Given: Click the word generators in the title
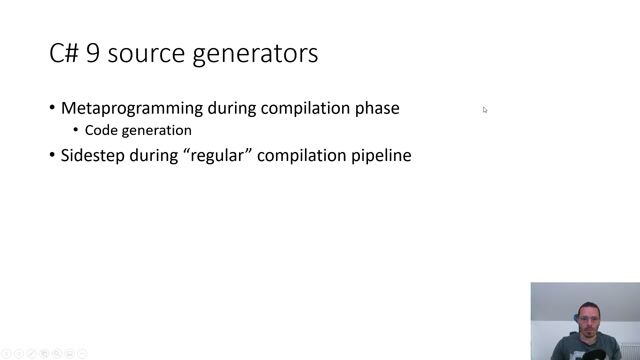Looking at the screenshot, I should coord(258,54).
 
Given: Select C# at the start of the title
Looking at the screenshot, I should coord(64,54).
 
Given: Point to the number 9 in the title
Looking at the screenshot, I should coord(93,54).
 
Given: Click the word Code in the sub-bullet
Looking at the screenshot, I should coord(101,130).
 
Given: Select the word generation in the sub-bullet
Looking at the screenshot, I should coord(156,130).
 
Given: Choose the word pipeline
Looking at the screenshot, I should coord(379,156).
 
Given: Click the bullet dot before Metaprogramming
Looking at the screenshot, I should coord(52,109).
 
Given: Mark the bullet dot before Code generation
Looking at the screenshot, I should coord(77,131).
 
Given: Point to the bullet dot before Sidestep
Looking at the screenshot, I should coord(52,156).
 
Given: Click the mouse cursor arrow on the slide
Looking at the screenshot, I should coord(485,110).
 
